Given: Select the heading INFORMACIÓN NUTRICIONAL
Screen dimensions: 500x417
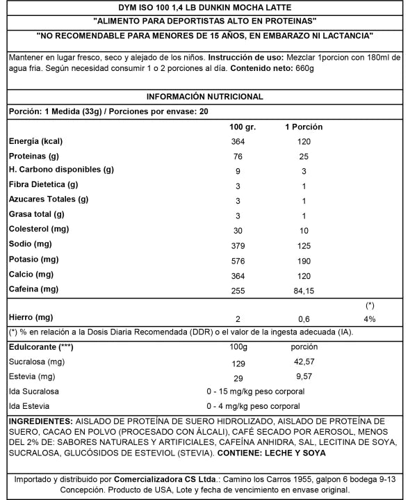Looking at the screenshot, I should [204, 97].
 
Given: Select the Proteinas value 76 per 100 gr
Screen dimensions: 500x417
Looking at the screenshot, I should [238, 156].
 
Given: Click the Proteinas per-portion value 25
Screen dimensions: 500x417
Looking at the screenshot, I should [303, 156].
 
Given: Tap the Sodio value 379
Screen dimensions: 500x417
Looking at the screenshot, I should [238, 245].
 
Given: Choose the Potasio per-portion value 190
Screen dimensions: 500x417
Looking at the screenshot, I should [303, 259].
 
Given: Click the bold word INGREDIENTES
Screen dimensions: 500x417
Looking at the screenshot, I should [39, 421].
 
